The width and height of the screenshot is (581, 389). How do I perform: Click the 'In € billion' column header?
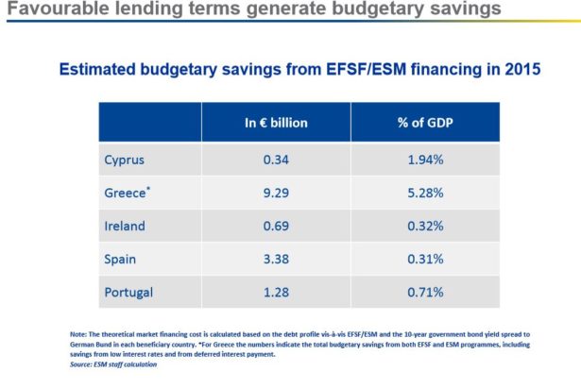pos(276,123)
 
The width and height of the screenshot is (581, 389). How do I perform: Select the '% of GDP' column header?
pos(425,123)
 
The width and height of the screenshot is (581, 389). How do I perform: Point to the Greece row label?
pos(127,193)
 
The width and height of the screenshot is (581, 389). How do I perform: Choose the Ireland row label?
pos(124,227)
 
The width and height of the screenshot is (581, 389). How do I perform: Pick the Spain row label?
pos(120,261)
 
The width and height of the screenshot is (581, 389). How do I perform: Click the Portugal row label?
pos(128,294)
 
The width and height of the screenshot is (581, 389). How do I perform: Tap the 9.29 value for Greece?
pos(276,193)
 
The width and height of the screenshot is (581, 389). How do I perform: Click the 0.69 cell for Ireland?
pos(276,227)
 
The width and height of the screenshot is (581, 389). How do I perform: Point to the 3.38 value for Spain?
pos(276,261)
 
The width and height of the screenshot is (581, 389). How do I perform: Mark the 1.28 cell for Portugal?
pos(276,294)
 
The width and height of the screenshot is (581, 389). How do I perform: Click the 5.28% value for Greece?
pos(425,193)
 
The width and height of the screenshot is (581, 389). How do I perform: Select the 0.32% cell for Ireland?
pos(425,227)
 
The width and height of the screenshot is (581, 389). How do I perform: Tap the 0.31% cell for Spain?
pos(425,261)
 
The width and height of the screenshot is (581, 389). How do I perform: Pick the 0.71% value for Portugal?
pos(425,294)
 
